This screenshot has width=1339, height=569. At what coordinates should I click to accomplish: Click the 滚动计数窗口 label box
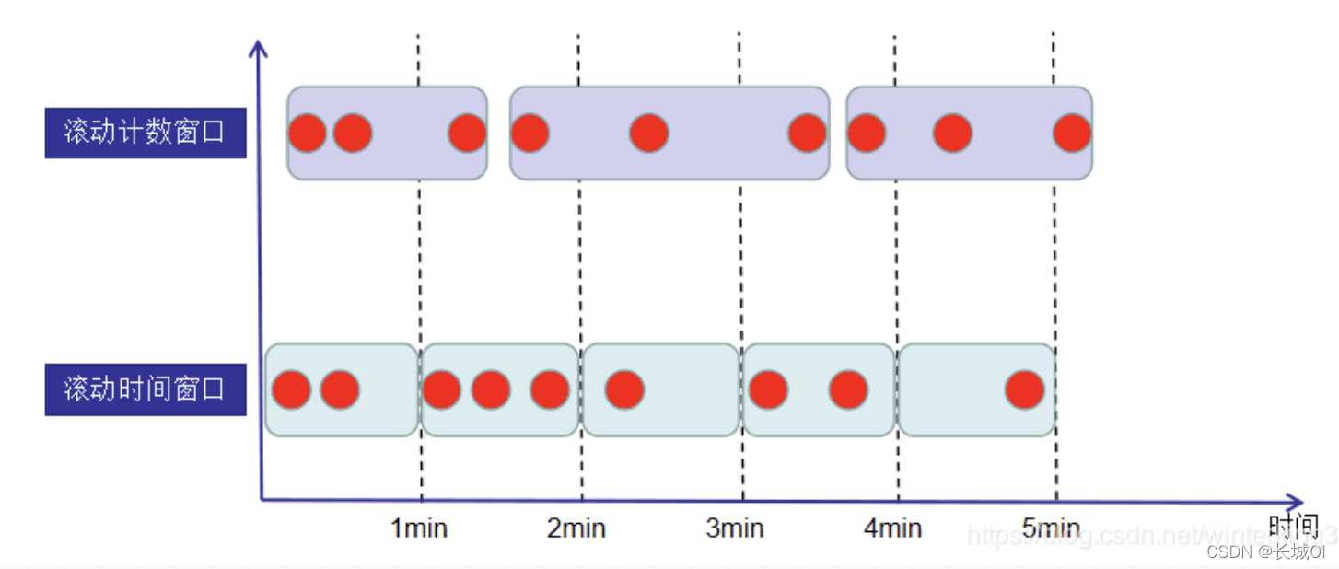146,133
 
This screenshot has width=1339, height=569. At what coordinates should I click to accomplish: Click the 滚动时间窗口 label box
146,389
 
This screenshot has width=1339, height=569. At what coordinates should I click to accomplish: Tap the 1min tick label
419,528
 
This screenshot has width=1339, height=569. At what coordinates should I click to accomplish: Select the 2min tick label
576,528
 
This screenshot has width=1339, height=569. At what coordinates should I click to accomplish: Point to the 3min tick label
735,528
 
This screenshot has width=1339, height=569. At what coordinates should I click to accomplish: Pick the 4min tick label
892,528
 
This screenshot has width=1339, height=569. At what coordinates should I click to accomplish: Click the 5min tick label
1051,528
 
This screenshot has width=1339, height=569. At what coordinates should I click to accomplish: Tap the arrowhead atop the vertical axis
259,45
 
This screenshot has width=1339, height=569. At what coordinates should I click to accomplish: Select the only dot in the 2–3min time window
624,390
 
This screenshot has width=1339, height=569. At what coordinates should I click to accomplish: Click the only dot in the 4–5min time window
1024,390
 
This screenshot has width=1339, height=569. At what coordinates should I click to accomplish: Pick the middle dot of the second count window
649,134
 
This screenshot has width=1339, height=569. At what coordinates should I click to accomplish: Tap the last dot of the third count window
1072,134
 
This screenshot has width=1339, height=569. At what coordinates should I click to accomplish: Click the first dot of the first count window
308,134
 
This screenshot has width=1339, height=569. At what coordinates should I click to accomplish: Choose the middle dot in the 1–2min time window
491,390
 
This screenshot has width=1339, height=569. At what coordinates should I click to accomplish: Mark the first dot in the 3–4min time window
768,390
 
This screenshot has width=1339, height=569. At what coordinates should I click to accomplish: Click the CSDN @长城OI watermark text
1265,552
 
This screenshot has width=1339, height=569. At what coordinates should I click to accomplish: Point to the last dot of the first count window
467,134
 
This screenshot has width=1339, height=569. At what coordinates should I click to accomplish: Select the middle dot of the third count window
952,134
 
